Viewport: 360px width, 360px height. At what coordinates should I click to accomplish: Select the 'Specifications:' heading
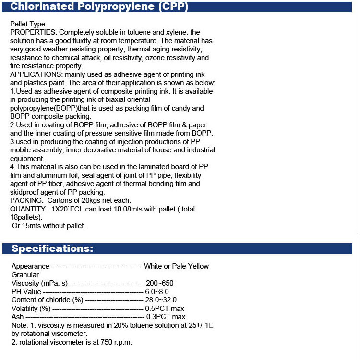[52, 248]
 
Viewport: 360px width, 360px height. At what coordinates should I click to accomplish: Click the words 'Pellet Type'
[27, 24]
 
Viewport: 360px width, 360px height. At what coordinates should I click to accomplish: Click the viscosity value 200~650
[160, 283]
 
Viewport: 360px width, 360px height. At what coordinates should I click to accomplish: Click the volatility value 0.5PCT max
[165, 308]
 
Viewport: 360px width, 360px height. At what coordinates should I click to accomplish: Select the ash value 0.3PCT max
[165, 317]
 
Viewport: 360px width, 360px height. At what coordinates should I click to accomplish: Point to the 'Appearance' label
[30, 266]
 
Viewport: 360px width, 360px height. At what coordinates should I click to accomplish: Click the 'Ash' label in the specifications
[17, 317]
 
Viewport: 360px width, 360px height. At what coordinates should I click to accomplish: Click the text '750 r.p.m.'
[114, 342]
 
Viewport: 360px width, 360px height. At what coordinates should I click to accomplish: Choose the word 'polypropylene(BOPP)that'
[49, 108]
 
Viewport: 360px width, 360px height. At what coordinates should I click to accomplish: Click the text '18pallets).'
[27, 217]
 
